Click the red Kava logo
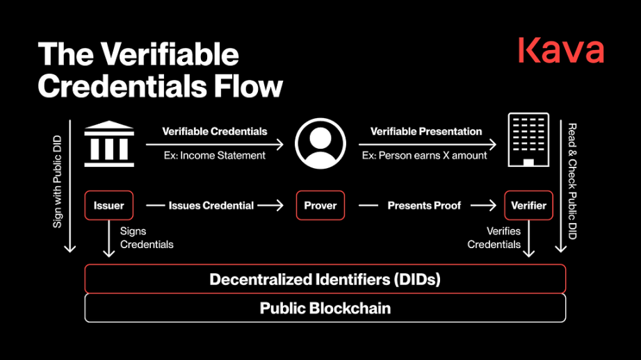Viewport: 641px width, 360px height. [561, 50]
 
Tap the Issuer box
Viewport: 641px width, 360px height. [108, 205]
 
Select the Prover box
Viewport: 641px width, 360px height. [320, 205]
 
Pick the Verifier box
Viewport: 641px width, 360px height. [528, 205]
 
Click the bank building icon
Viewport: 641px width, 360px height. [109, 143]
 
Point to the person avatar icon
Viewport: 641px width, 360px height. [320, 143]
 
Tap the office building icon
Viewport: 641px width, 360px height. [528, 140]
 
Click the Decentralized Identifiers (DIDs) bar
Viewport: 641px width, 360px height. [325, 279]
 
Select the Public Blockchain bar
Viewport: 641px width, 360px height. [325, 308]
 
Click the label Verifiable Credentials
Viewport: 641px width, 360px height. [215, 131]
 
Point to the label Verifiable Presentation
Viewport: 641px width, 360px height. [426, 131]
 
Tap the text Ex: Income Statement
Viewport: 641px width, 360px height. [215, 155]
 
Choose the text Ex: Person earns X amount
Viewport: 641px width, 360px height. [424, 155]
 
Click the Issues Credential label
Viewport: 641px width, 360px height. [211, 205]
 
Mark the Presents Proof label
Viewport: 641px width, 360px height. [424, 205]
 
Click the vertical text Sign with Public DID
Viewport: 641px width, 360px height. [57, 181]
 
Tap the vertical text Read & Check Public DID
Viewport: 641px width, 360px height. [572, 181]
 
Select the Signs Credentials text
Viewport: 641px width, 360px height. [147, 238]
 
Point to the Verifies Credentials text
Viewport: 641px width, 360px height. [494, 238]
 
